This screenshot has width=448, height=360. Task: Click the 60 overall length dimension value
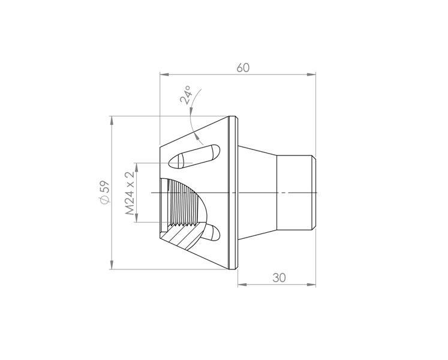(243, 68)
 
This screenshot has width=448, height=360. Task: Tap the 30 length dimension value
(279, 278)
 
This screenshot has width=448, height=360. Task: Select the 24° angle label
(186, 94)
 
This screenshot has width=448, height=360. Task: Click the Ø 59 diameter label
(104, 192)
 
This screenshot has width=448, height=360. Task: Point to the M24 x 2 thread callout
(130, 194)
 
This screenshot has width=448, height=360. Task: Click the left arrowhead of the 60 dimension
(164, 74)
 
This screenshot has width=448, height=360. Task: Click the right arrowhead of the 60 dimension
(311, 74)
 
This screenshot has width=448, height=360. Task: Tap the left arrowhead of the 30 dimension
(242, 284)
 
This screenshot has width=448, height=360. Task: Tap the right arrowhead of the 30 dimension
(311, 284)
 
